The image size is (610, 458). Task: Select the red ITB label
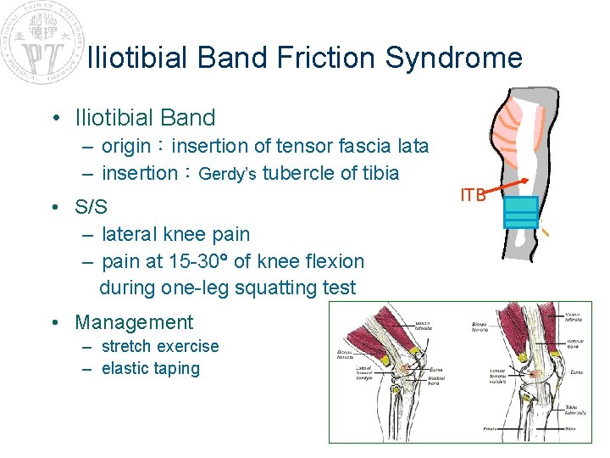tap(473, 195)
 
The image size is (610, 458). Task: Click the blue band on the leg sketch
tap(521, 211)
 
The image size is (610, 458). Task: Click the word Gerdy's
tap(229, 174)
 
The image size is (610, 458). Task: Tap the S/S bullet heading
tap(91, 207)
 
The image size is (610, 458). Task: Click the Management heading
tap(134, 322)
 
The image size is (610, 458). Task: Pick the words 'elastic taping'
tap(150, 368)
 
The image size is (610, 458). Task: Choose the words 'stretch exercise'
tap(159, 346)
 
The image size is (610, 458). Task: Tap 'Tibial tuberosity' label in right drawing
tap(578, 411)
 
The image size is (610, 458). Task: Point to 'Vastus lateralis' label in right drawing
tap(576, 318)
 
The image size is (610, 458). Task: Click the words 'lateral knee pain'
tap(175, 233)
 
